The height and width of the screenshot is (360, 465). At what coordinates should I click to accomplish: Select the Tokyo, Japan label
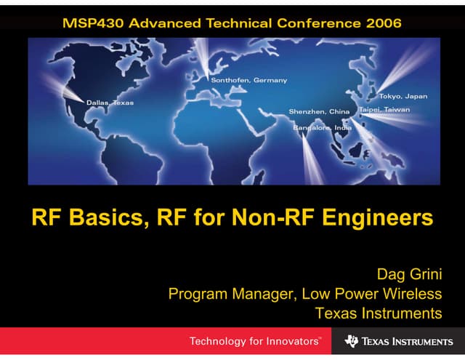403,96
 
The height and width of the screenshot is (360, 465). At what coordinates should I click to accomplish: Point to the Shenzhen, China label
319,112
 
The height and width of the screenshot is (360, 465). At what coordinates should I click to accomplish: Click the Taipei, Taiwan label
385,110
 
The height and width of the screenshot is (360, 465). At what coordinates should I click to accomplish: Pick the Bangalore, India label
322,128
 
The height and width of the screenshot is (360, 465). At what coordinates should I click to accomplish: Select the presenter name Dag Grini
408,275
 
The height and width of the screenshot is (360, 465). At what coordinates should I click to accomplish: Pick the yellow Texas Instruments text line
379,313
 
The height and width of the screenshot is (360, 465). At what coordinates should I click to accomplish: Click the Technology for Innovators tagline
254,341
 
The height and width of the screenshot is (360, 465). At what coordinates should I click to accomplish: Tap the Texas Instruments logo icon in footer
352,341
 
